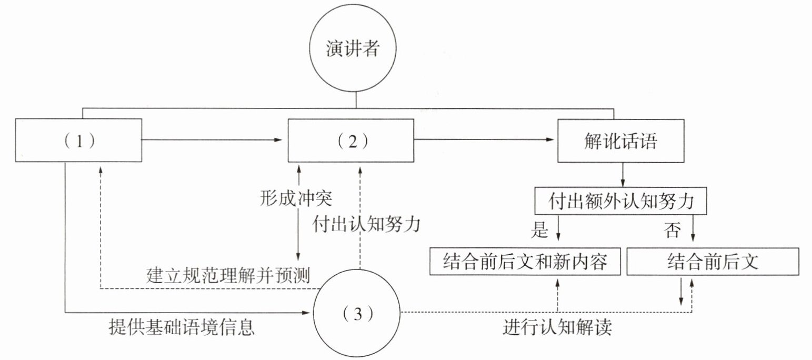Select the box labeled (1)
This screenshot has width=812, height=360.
coord(79,141)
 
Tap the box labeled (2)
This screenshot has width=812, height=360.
coord(351,141)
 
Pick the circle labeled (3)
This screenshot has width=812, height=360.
coord(357,314)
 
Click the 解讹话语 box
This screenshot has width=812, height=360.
coord(620,141)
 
